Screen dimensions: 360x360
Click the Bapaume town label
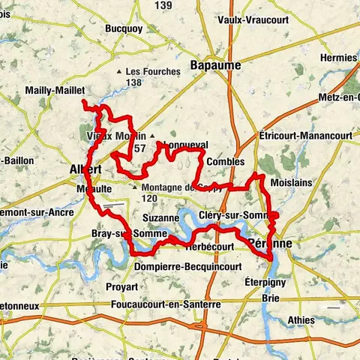(215, 65)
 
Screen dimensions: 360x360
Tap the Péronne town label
(268, 244)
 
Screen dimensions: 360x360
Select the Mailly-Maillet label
(50, 90)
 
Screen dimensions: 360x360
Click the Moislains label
(291, 184)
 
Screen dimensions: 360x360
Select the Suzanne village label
(160, 217)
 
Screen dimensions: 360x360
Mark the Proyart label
(121, 286)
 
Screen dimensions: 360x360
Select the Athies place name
(302, 320)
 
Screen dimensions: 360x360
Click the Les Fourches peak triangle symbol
(120, 72)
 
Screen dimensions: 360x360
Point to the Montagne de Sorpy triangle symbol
(135, 187)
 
